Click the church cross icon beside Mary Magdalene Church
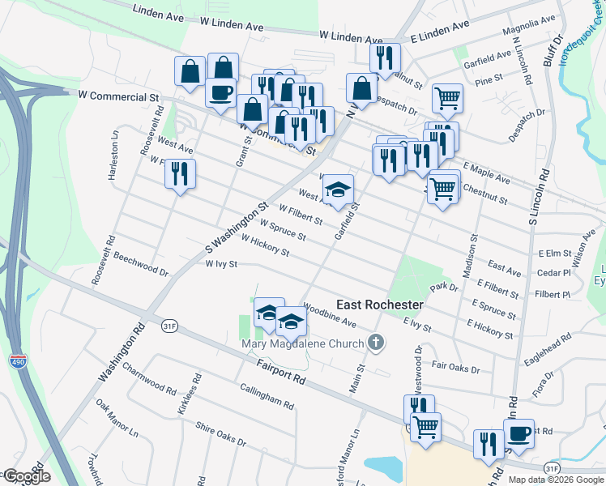point(374,343)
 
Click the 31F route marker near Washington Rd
point(169,326)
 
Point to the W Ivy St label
point(221,264)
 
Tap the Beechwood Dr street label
point(141,266)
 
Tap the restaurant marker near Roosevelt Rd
point(181,174)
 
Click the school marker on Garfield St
point(338,190)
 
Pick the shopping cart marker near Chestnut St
point(442,190)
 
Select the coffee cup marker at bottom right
point(519,433)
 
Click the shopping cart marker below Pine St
point(447,99)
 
